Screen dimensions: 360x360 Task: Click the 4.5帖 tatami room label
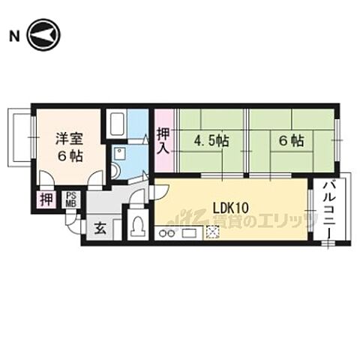point(211,140)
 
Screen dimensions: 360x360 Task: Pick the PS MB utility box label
point(71,199)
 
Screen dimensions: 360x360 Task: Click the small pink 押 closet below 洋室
point(46,199)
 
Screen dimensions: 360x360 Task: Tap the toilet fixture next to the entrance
point(137,226)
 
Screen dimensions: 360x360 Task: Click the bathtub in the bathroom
point(116,123)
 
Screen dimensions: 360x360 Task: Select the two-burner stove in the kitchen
point(166,233)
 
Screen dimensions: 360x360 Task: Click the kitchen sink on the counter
point(188,233)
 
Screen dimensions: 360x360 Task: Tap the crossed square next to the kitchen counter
point(213,232)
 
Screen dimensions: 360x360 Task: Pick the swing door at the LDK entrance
point(155,192)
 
